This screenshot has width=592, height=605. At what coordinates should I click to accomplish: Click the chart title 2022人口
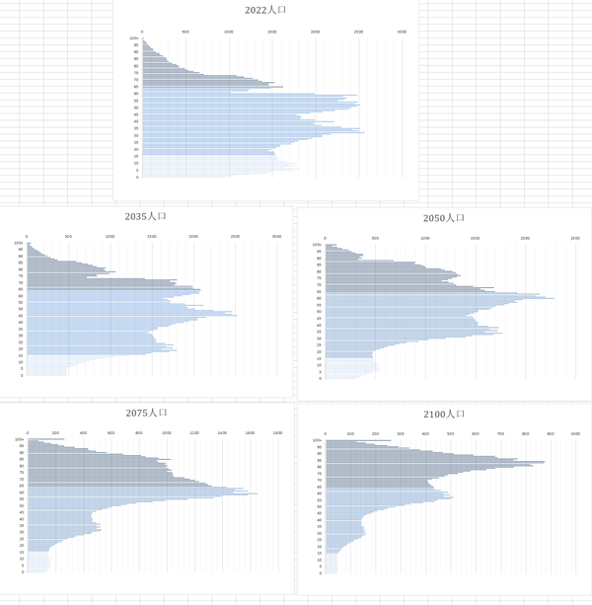point(265,11)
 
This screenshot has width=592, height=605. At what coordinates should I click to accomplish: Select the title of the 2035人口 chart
point(147,217)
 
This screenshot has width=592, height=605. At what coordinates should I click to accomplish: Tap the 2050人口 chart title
point(443,218)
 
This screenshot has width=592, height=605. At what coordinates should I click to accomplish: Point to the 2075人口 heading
point(147,413)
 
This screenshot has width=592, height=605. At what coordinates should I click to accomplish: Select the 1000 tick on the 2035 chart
point(111,236)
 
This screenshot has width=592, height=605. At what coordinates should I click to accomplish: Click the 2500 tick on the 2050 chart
point(574,238)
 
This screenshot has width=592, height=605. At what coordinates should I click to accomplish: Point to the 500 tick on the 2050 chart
point(376,238)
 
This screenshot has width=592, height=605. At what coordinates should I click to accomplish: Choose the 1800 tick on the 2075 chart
point(278,432)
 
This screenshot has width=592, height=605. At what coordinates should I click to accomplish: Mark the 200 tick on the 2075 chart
point(55,432)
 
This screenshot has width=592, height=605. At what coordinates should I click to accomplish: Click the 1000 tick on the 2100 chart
point(575,433)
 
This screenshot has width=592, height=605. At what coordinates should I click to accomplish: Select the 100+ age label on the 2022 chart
point(133,39)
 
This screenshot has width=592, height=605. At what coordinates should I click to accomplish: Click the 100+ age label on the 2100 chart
point(317,440)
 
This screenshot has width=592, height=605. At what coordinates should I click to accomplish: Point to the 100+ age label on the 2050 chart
point(317,245)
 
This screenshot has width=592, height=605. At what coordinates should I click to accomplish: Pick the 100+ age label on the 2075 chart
point(19,439)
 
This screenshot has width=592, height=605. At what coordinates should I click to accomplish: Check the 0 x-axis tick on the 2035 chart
point(28,236)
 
